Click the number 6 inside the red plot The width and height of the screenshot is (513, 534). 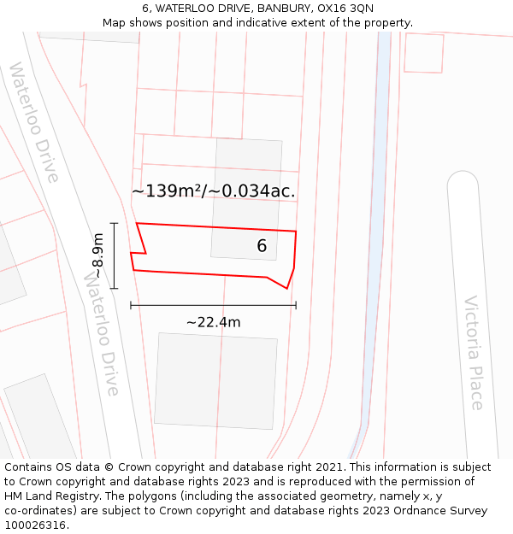coord(262,246)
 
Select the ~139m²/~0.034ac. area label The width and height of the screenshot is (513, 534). coord(213,191)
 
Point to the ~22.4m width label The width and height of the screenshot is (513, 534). coord(213,322)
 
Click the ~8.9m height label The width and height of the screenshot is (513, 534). coord(99,255)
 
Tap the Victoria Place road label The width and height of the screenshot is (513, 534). coord(474,352)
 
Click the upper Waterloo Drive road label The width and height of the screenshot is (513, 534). coord(34,122)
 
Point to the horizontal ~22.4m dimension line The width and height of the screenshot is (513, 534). coord(213,305)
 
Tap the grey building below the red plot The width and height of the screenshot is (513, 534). coord(215,379)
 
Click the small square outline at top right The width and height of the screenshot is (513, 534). coord(423,53)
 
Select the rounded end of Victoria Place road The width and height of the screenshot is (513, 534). coord(463,184)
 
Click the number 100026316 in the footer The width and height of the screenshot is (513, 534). coord(37,525)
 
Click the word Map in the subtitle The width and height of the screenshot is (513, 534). coord(115,22)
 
